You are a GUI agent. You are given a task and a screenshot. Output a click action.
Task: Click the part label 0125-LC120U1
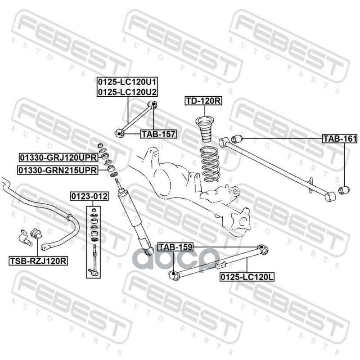tap(127, 82)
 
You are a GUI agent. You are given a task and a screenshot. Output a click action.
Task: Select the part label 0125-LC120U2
tap(127, 92)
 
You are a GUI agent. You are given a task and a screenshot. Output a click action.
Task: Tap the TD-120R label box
tap(203, 100)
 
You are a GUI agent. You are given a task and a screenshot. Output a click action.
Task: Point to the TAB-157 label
tap(158, 134)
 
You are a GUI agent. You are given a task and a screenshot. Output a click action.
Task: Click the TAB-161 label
tap(340, 139)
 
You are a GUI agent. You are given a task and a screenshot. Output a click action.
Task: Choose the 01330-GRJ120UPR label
tap(58, 157)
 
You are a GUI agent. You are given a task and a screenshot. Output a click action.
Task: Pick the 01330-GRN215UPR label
tap(58, 171)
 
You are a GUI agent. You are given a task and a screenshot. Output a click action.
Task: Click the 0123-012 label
tap(89, 196)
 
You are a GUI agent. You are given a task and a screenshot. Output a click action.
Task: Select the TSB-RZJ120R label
tap(38, 261)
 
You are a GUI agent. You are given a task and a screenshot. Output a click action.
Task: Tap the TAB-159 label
tap(175, 247)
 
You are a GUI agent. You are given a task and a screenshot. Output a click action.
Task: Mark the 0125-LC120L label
tap(247, 277)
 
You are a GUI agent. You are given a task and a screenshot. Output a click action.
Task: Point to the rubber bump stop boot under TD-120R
tap(205, 130)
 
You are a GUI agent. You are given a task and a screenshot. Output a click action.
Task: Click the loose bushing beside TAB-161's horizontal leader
tap(237, 139)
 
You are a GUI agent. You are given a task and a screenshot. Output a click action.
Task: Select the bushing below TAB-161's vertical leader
tap(344, 190)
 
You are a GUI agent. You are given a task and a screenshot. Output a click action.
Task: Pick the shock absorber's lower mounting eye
tap(150, 251)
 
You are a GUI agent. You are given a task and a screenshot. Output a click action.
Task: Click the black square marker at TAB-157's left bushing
tap(119, 134)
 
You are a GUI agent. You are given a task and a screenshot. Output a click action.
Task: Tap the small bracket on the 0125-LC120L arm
tap(220, 265)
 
